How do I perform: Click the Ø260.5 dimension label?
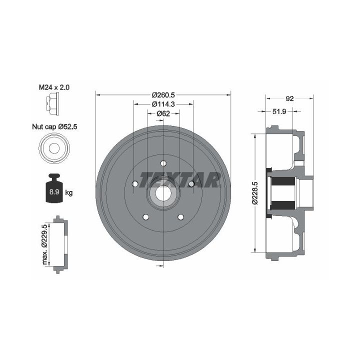pyautogui.click(x=163, y=94)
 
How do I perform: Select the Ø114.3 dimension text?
pyautogui.click(x=163, y=104)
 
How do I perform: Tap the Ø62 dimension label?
pyautogui.click(x=163, y=113)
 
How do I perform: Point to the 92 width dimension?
pyautogui.click(x=289, y=98)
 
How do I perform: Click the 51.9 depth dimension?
pyautogui.click(x=279, y=111)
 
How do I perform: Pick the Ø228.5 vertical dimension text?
pyautogui.click(x=255, y=193)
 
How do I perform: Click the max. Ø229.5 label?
pyautogui.click(x=44, y=244)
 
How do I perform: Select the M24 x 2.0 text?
pyautogui.click(x=54, y=87)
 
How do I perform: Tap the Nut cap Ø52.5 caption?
pyautogui.click(x=54, y=126)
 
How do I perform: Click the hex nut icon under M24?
pyautogui.click(x=53, y=103)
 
